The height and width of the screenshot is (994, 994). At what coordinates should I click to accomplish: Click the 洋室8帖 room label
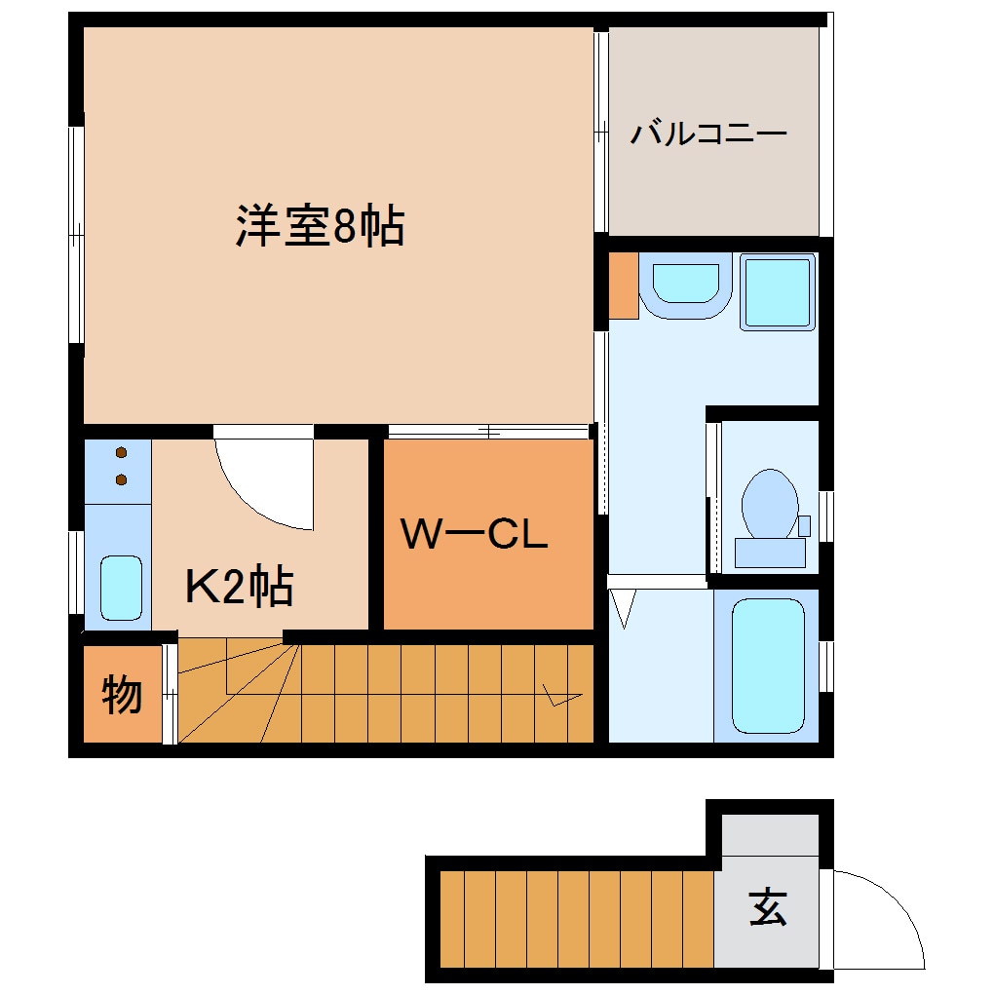coord(320,227)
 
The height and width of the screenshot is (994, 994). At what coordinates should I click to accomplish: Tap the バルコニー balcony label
coord(707,134)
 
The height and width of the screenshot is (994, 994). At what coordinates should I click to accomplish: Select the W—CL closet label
coord(477,534)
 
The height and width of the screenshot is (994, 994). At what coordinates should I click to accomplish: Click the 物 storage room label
coord(122,695)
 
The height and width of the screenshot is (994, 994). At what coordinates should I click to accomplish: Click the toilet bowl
coord(769,501)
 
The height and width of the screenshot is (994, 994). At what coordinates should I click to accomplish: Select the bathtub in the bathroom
coord(768,666)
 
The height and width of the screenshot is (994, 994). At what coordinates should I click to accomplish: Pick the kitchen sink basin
coord(122,587)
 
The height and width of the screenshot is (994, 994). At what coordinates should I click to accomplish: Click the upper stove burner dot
coord(122,453)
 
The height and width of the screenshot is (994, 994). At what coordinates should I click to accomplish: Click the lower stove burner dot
coord(122,478)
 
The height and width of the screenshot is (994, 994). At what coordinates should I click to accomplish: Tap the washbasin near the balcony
coord(686,285)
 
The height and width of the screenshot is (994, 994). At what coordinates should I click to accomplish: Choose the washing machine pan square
coord(778,291)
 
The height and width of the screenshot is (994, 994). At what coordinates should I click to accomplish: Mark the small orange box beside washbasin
coord(624,286)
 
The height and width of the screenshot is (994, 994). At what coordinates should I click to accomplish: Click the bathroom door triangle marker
coord(625,609)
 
